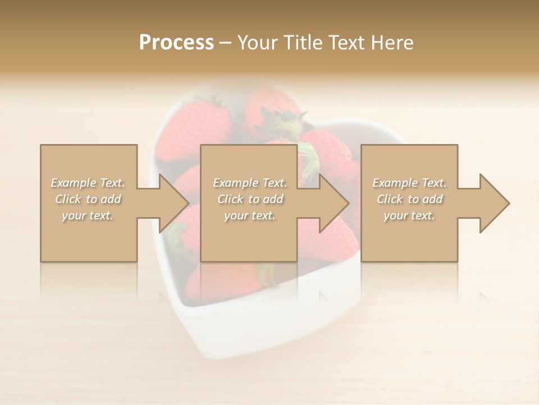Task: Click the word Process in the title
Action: click(x=176, y=43)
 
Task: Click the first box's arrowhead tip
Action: click(x=188, y=203)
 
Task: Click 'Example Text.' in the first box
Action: click(x=88, y=183)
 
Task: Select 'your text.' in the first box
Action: click(x=88, y=215)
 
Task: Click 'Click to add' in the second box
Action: click(x=250, y=199)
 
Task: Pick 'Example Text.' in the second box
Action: click(x=250, y=183)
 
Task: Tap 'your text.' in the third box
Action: click(x=409, y=215)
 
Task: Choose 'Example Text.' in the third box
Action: click(x=409, y=183)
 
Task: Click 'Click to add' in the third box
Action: click(x=409, y=199)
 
